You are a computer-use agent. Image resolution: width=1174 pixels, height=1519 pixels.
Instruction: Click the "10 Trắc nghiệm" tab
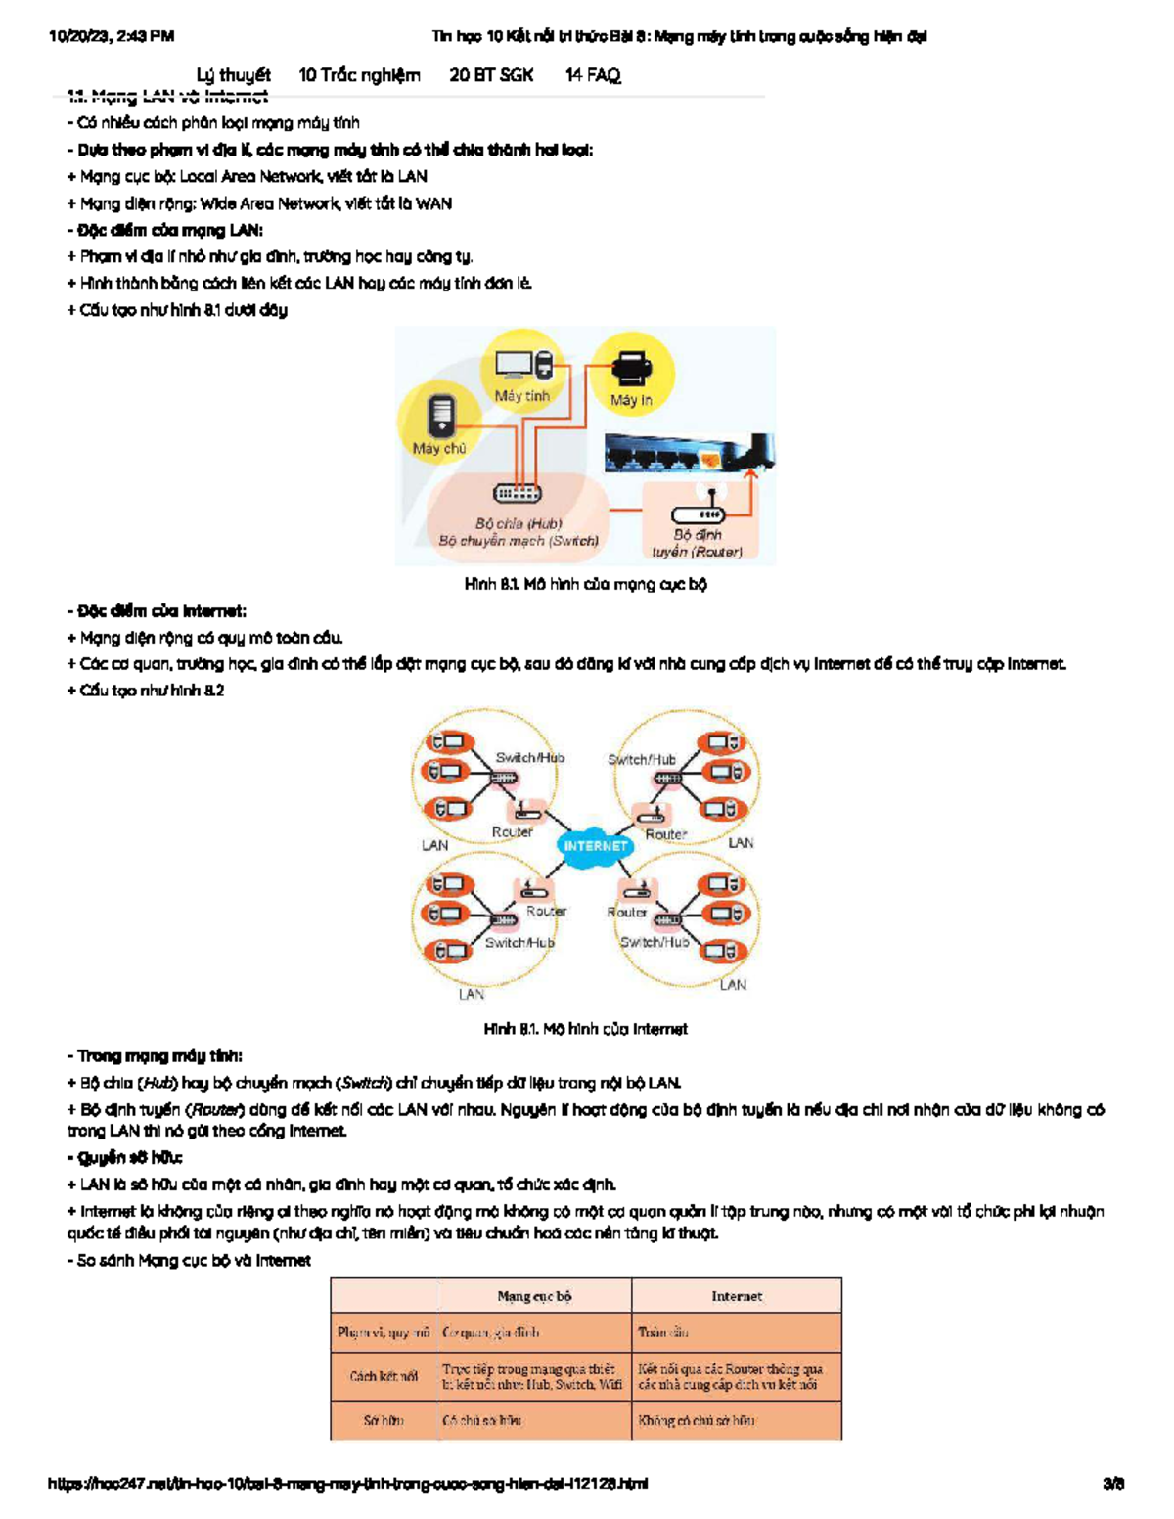click(x=359, y=75)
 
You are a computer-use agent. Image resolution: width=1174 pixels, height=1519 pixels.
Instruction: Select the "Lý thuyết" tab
click(x=233, y=75)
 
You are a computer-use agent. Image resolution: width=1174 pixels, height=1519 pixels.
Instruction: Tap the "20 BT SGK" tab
click(x=491, y=75)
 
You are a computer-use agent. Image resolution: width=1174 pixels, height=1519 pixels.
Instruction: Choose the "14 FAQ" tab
click(x=593, y=75)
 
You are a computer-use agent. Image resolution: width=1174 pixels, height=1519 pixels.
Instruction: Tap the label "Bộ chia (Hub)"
click(x=518, y=523)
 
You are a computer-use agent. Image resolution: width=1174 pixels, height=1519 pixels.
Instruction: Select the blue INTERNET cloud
click(x=595, y=846)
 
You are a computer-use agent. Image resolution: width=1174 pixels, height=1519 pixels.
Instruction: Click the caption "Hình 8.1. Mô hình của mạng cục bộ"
click(x=585, y=584)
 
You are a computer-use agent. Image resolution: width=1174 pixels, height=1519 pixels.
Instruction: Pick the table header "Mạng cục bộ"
click(x=534, y=1296)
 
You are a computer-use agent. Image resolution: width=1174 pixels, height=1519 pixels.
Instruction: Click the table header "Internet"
click(x=736, y=1296)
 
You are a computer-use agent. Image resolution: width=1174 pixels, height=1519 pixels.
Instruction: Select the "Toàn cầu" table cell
click(x=663, y=1332)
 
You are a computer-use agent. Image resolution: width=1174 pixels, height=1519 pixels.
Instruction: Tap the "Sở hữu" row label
click(x=384, y=1420)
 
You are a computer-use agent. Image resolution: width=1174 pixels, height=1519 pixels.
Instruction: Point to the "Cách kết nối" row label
click(x=384, y=1376)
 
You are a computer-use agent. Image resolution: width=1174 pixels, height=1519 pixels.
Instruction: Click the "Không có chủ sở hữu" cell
click(x=697, y=1420)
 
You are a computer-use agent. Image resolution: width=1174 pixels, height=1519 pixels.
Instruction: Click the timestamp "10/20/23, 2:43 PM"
click(x=112, y=36)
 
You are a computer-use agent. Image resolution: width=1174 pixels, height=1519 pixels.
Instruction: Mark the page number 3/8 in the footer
click(x=1113, y=1483)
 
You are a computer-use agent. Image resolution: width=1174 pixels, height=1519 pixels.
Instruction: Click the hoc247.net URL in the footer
click(x=347, y=1483)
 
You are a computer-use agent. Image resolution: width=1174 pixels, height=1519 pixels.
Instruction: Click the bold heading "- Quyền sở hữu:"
click(x=125, y=1157)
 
